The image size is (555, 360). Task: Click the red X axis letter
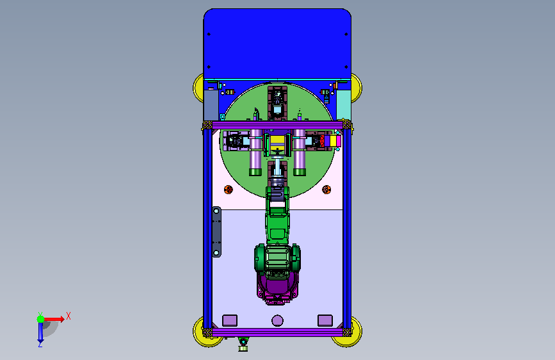[68, 316]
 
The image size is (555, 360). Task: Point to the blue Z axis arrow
[40, 332]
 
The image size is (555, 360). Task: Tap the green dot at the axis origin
[41, 319]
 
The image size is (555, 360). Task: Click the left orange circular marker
[229, 190]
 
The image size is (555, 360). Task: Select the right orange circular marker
[326, 190]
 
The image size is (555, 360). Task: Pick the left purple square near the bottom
[230, 320]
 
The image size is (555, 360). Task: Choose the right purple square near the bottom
[325, 320]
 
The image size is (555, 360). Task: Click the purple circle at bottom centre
[278, 321]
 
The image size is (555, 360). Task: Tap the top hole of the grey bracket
[216, 211]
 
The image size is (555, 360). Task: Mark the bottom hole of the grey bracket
[216, 252]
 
